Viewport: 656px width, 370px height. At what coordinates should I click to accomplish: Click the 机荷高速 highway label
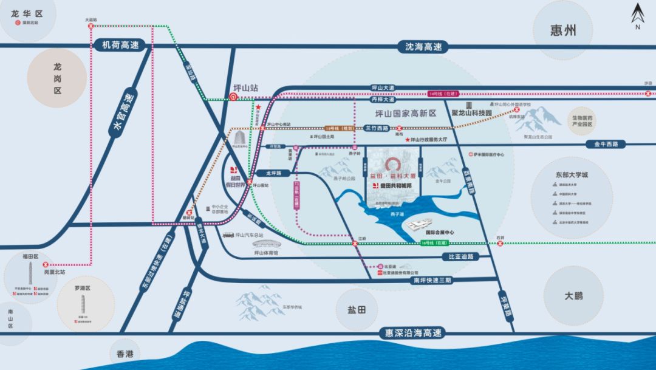121,45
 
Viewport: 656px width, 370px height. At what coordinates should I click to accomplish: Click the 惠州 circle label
562,31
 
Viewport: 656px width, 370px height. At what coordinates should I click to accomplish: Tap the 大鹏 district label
573,296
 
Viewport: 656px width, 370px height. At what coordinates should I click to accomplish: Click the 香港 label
125,354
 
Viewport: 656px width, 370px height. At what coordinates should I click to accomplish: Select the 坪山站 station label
246,88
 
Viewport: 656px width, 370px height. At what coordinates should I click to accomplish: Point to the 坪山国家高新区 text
406,114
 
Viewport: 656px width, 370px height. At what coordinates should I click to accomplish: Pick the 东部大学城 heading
571,175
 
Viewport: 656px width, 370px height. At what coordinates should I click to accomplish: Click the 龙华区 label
29,12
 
